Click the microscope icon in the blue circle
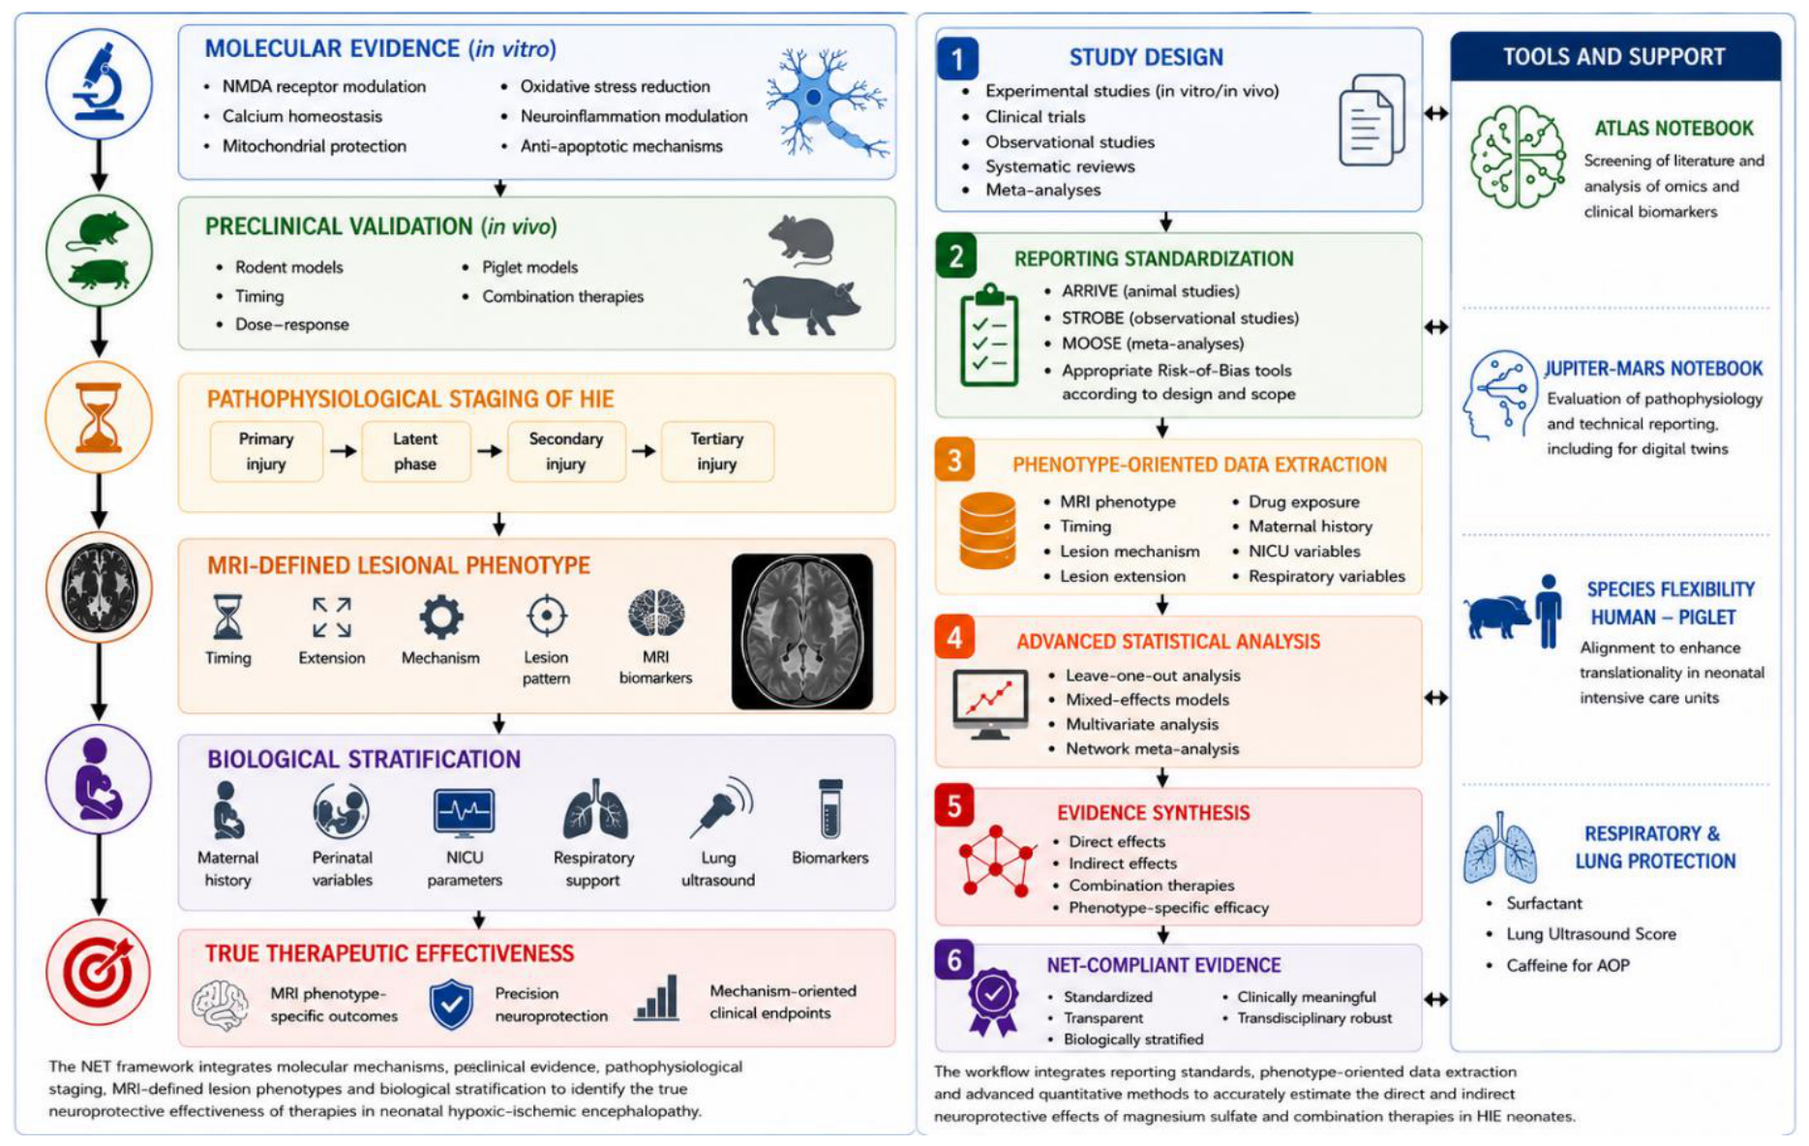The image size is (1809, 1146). [99, 82]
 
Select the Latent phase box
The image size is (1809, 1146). [415, 451]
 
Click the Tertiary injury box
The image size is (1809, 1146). [717, 451]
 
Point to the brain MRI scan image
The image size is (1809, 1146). [802, 631]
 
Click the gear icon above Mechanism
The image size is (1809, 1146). [440, 617]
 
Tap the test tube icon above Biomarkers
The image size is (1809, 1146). [830, 808]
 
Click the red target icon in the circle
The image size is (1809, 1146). [99, 972]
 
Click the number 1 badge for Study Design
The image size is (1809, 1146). [957, 59]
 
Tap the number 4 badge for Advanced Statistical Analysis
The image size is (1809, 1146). [954, 638]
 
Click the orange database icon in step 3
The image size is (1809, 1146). [987, 530]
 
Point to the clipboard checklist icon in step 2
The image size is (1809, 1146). [989, 336]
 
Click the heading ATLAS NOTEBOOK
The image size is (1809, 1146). [1673, 128]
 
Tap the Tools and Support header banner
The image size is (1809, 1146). [1614, 57]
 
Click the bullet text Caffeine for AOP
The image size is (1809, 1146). [1568, 965]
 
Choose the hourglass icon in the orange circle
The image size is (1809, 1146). [99, 417]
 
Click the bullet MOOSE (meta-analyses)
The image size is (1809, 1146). [1153, 344]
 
